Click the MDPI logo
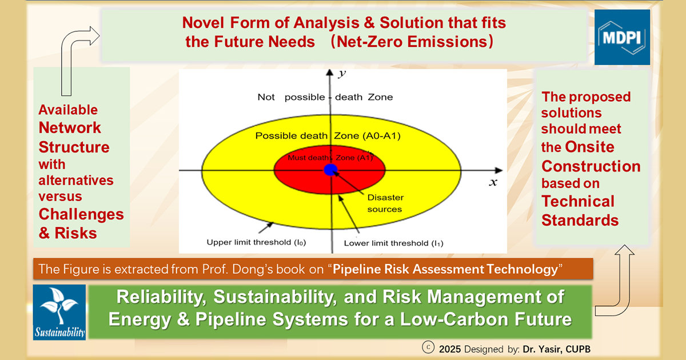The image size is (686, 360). point(622,37)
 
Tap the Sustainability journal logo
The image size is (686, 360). point(59,312)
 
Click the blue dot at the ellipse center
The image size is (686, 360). point(330,170)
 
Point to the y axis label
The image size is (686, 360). point(341,74)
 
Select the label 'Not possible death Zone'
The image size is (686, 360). point(325,97)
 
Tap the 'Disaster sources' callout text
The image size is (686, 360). point(385,203)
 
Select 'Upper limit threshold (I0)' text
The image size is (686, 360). point(256,242)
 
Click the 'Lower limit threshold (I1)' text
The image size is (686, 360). point(393,243)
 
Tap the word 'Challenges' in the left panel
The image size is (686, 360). point(81,214)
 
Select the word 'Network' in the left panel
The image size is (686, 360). point(70,127)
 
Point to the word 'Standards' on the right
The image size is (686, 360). point(580,220)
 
